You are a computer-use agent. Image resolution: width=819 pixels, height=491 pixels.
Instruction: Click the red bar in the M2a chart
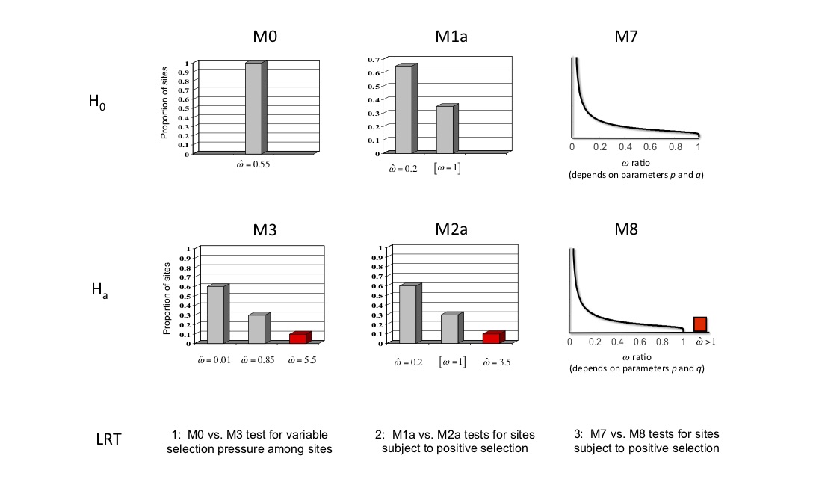(x=492, y=338)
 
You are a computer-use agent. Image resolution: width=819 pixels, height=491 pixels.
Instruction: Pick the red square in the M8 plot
(x=699, y=324)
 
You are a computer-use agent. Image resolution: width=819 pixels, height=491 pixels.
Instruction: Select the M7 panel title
(x=637, y=37)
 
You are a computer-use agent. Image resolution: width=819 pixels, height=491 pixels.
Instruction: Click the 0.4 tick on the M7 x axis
(x=625, y=147)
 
